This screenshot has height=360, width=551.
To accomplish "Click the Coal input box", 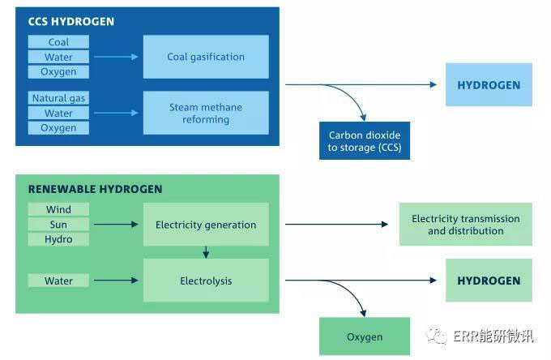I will coord(58,42).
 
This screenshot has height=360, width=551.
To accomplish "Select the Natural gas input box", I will coord(58,98).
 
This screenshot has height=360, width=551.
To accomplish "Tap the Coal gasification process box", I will coord(206,57).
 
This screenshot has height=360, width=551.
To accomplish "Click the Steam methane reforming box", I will coord(206,113).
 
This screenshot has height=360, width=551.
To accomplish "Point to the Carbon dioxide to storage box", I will coord(364,141).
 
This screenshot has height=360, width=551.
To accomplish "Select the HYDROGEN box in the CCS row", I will coord(489,85).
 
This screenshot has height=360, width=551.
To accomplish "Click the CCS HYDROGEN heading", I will coord(71,22).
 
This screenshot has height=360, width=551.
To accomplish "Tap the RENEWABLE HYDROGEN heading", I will coord(96,189).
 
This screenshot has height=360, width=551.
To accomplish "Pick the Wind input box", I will coord(58,209).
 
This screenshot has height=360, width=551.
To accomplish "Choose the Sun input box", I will coord(58,225).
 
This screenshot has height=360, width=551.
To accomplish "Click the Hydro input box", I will coord(58,239).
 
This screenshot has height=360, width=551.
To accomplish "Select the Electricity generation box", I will coord(206,225).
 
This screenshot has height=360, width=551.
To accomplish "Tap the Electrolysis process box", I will coord(206,281).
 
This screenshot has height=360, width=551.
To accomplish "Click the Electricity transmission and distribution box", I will coord(466,225).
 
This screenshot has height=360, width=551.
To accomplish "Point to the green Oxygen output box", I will coord(364,336).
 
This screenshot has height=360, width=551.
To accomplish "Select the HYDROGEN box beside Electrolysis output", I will coord(489,281).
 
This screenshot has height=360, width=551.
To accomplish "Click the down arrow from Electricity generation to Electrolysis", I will coord(206,252).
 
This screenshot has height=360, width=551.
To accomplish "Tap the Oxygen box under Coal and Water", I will coord(58,72).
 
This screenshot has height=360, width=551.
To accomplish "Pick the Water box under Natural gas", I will coord(58,114).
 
